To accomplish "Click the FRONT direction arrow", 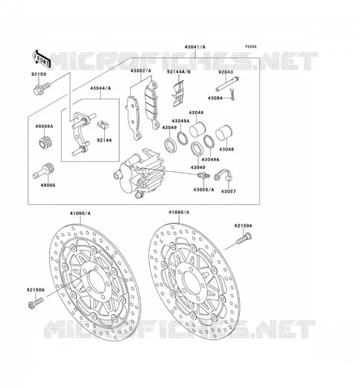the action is coord(41,59).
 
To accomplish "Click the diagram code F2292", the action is coord(251,47).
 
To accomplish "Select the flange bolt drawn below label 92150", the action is coord(42,89).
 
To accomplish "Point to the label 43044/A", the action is coord(100,88).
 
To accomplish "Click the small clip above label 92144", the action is coord(104,125).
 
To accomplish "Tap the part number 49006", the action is coord(49,185).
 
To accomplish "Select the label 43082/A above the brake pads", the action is coord(141,71).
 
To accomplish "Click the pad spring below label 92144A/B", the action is coord(178,94).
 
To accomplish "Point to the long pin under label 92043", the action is coord(227,84).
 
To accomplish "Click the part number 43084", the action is coord(214,98).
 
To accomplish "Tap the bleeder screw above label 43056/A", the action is coord(203,176).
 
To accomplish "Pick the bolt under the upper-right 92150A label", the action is coord(244,238).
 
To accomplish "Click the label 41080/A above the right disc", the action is coord(179,212).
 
